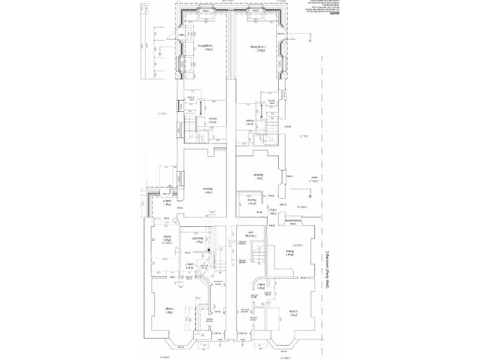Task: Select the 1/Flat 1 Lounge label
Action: (x=168, y=311)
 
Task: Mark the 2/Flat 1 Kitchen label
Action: (x=290, y=253)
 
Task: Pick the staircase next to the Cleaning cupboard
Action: (x=256, y=254)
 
